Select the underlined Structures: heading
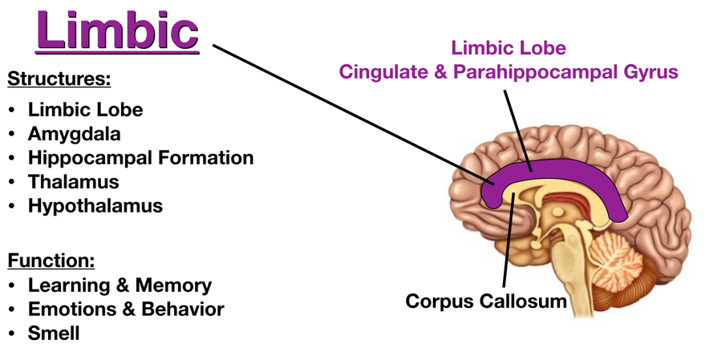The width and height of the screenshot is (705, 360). (58, 79)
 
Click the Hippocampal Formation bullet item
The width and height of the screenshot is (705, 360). (140, 157)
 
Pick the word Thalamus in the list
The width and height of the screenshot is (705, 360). (73, 181)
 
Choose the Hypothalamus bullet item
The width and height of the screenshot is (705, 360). (95, 205)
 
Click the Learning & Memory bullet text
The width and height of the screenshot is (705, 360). (120, 285)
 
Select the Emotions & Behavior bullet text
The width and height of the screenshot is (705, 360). (126, 309)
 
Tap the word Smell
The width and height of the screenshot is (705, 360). (54, 333)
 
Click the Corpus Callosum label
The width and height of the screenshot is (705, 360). (486, 301)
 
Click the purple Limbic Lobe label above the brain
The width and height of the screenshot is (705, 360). (508, 47)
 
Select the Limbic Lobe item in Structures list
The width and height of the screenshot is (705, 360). (86, 109)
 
